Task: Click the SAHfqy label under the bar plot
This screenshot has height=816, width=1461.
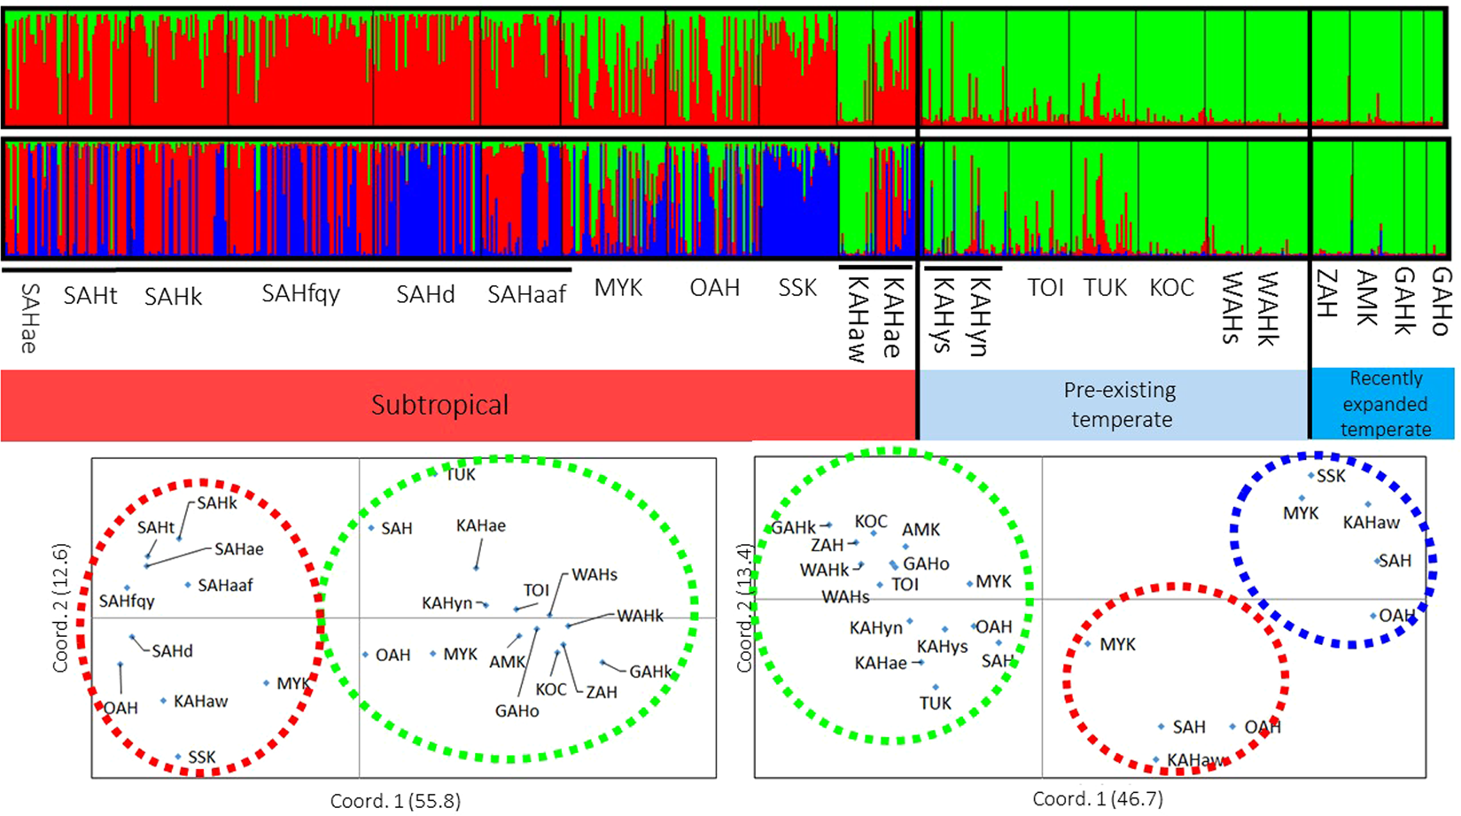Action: click(x=300, y=294)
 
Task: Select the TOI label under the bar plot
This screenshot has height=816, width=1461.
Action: click(x=1045, y=288)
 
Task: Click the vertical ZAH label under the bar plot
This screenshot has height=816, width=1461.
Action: click(x=1326, y=294)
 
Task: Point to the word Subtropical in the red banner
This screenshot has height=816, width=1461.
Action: click(x=439, y=405)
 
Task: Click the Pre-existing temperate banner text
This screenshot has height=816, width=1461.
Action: click(x=1121, y=405)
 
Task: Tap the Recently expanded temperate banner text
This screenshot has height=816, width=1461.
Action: click(x=1385, y=404)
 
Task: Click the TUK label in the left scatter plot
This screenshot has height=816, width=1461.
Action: click(x=460, y=475)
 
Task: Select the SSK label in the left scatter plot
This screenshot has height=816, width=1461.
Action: click(x=202, y=758)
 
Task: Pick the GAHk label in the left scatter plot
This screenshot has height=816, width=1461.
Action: click(x=651, y=672)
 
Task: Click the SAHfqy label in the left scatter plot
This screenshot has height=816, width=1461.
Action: click(x=127, y=602)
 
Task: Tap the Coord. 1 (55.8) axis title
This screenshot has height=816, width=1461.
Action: click(x=395, y=801)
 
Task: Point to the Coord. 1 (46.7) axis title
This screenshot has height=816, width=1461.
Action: click(x=1097, y=799)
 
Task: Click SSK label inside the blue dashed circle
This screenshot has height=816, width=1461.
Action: click(x=1331, y=477)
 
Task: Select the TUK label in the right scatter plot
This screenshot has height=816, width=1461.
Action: click(x=935, y=703)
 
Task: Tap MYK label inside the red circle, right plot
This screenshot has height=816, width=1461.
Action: click(x=1117, y=645)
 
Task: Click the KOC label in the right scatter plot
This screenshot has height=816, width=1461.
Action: click(x=871, y=522)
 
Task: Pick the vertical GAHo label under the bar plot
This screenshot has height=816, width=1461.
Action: click(x=1441, y=301)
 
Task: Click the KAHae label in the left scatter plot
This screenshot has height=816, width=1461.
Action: click(x=481, y=526)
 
